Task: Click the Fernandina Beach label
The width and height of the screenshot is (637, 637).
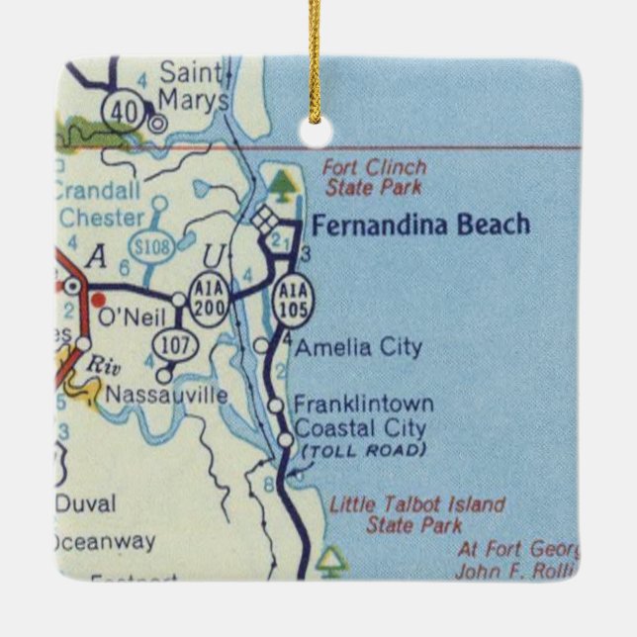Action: (x=420, y=226)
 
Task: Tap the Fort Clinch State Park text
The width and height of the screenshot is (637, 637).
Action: (x=374, y=177)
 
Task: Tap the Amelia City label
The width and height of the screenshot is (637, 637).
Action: (x=358, y=347)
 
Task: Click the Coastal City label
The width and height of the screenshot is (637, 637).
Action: (x=361, y=428)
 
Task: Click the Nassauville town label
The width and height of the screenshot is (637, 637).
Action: (x=166, y=395)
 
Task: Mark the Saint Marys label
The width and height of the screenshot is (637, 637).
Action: (x=193, y=86)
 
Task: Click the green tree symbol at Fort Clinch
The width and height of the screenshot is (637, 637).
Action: (x=285, y=181)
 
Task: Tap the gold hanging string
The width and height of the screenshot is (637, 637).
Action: (x=316, y=59)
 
